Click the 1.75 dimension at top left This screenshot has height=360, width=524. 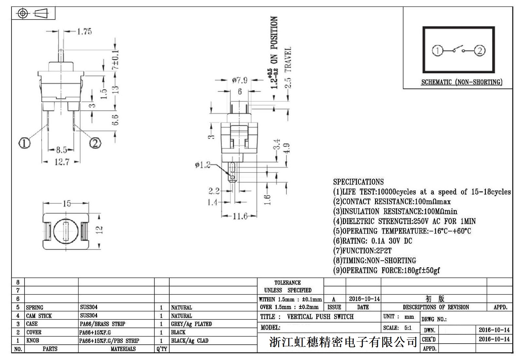pos(84,31)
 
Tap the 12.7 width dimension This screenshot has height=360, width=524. pos(62,162)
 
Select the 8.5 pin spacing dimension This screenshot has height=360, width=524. pos(61,150)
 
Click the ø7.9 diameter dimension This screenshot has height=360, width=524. pos(240,80)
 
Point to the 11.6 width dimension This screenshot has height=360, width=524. pos(240,216)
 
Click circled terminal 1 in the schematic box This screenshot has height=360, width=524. pos(438,51)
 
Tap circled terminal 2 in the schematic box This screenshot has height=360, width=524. pos(480,51)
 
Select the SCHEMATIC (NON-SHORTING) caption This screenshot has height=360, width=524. pos(462,82)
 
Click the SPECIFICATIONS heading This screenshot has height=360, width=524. pos(358,182)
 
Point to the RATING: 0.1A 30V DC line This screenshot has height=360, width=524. pos(373,241)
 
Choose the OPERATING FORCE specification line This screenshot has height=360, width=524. pos(386,270)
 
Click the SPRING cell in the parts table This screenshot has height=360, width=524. pos(34,308)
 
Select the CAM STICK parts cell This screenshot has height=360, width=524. pos(39,316)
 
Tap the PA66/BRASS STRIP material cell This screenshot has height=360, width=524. pos(103,324)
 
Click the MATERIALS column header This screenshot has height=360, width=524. pos(123,349)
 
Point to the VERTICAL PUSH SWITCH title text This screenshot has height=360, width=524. pos(320,317)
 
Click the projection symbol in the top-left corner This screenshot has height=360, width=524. pos(33,13)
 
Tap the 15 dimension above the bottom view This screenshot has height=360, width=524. pos(66,204)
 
